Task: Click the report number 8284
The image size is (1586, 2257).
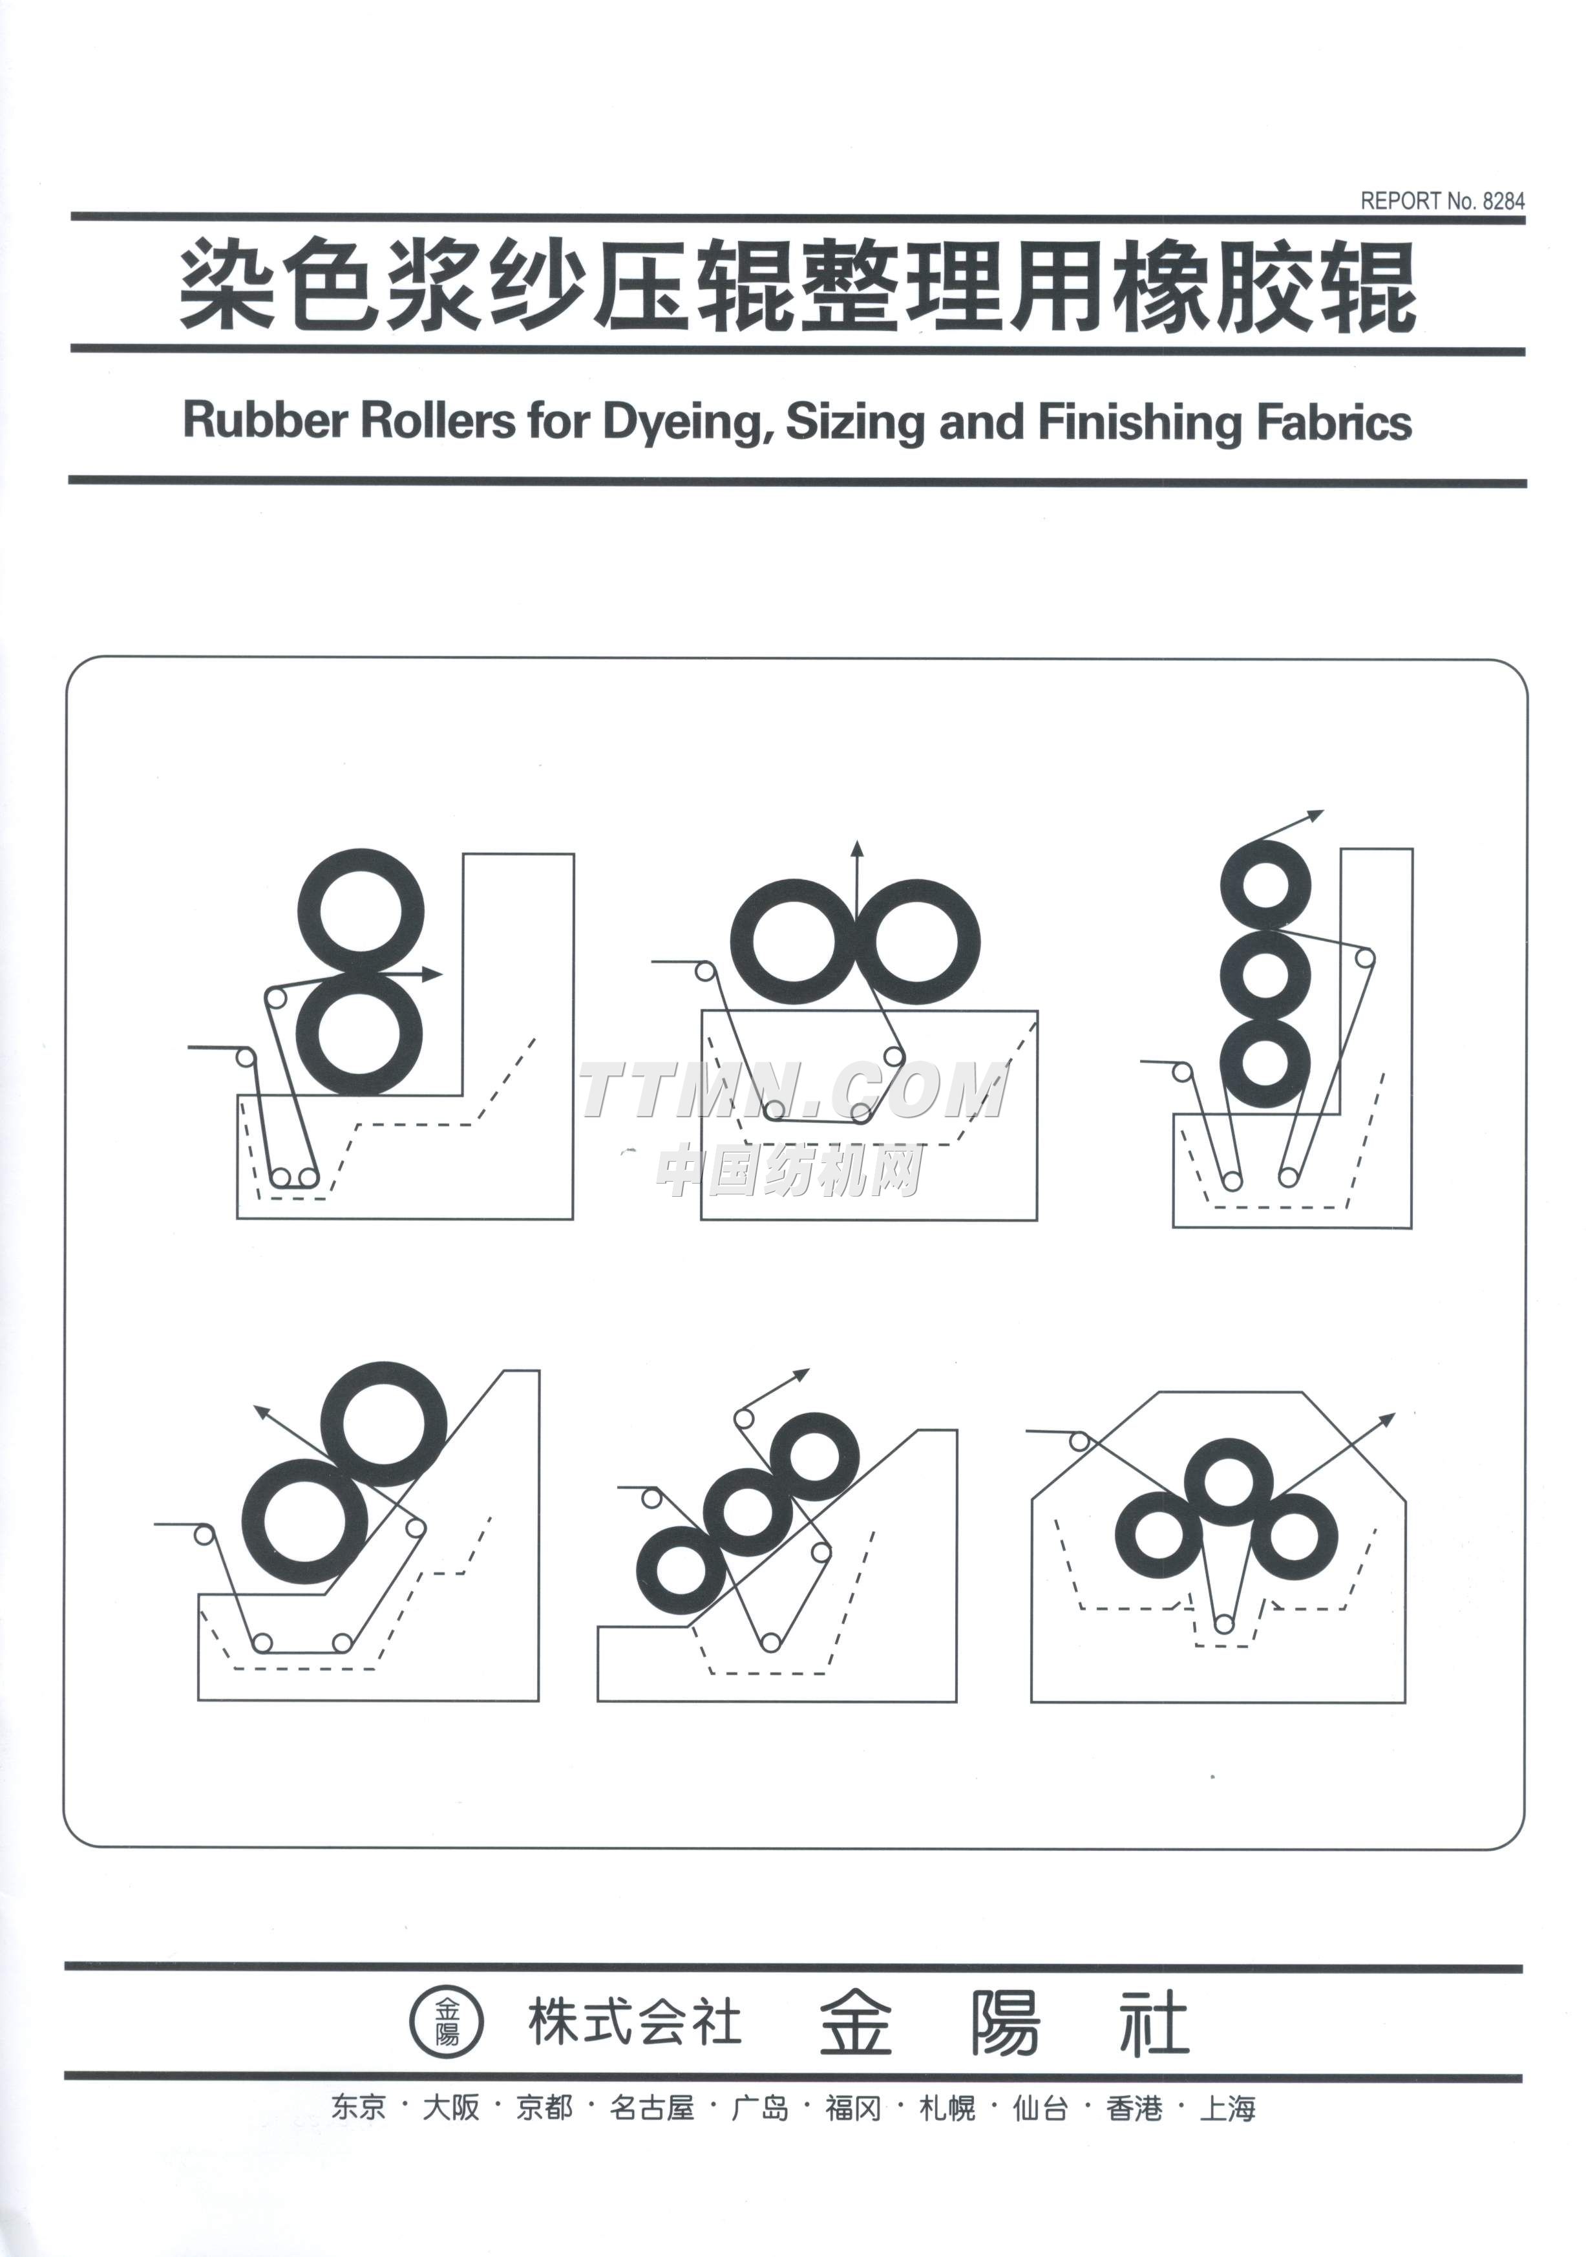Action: pos(1503,200)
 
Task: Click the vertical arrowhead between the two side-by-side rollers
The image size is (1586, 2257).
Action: pos(857,850)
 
